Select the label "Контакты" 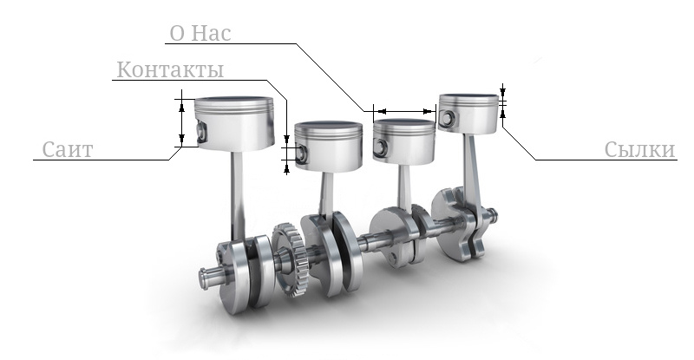coord(170,69)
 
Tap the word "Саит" coord(68,150)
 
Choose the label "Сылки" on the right coord(640,150)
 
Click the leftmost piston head coord(229,121)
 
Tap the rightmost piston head coord(469,113)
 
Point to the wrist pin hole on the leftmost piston coord(203,132)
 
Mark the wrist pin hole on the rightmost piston coord(448,118)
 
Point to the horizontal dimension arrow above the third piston coord(403,111)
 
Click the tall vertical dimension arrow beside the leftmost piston coord(181,121)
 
